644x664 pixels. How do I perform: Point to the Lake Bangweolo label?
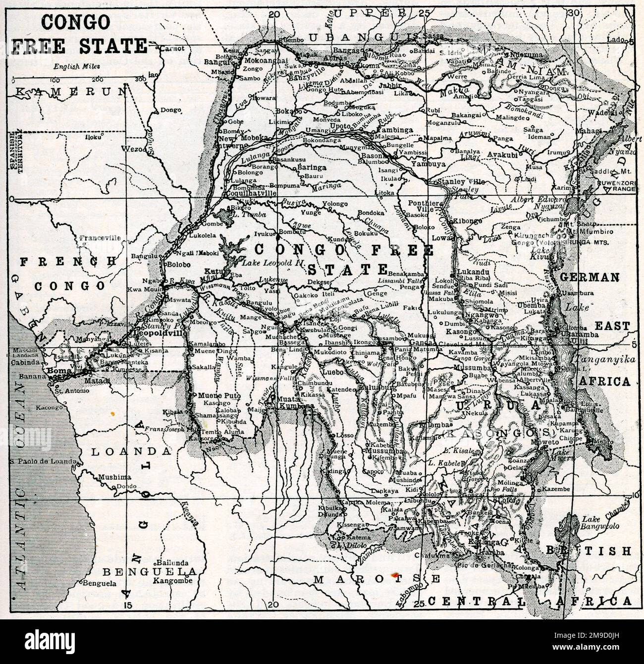pyautogui.click(x=600, y=522)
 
